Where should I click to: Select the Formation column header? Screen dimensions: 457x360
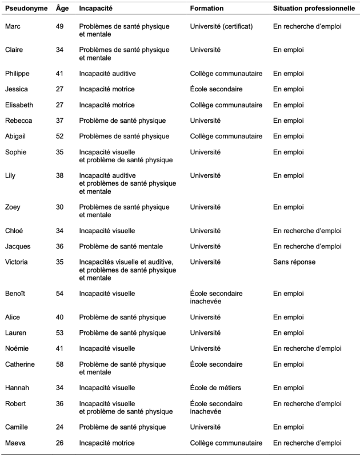(207, 9)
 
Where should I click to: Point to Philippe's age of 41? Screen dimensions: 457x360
(61, 74)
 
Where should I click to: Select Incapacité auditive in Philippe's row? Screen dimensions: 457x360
(107, 74)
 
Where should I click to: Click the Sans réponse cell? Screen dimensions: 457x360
(294, 262)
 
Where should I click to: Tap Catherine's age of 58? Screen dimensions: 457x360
(61, 364)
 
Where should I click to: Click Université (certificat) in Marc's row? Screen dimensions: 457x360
(221, 26)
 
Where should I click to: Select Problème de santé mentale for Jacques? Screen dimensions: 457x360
(121, 246)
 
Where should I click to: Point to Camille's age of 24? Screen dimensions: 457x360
(61, 427)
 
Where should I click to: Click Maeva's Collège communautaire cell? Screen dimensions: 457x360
(226, 443)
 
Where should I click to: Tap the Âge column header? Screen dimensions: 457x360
(62, 9)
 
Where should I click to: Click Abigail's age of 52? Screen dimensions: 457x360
(61, 137)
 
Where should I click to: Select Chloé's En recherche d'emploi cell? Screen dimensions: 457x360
(307, 231)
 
